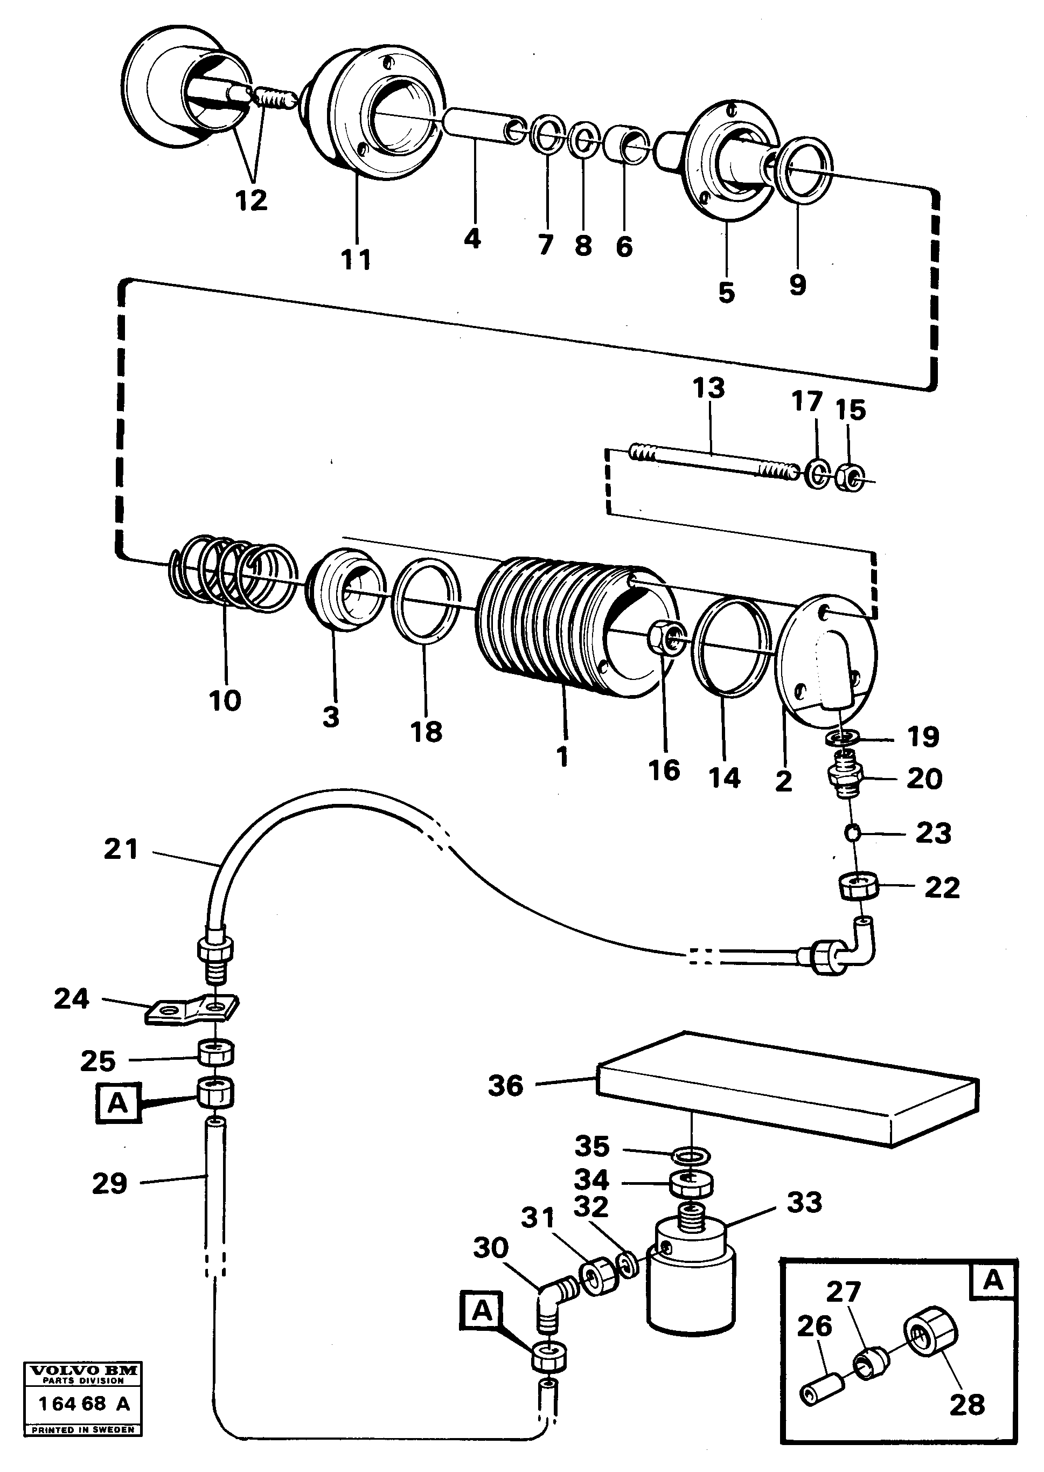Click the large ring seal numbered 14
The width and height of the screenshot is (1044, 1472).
(x=732, y=647)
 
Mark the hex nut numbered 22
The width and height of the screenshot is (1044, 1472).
(x=860, y=887)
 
